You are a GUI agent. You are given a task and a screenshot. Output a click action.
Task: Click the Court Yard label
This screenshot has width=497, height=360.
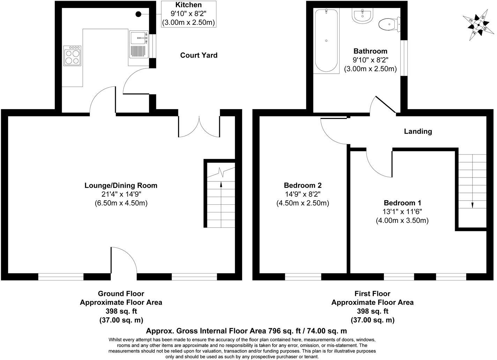point(199,55)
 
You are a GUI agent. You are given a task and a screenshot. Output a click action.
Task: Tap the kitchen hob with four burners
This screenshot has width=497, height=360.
point(73,56)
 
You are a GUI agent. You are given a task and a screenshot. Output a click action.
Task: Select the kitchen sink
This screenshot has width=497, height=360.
point(139,38)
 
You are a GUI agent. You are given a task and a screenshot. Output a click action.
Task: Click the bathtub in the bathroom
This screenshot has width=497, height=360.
point(326,41)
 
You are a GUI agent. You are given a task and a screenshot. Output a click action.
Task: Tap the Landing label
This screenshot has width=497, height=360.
point(418,132)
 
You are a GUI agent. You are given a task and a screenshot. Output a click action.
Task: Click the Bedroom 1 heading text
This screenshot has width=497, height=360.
point(402,203)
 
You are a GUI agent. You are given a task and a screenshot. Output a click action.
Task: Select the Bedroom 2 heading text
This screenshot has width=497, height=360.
point(303,185)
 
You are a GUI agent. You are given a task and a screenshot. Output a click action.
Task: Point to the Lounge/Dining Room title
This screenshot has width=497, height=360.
point(121,185)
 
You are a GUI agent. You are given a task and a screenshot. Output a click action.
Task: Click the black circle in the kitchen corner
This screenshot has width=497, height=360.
point(139,14)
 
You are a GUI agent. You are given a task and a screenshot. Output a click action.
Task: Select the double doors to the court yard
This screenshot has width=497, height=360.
point(199,127)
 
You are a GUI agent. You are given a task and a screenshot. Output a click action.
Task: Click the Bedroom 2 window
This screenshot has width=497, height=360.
point(303,277)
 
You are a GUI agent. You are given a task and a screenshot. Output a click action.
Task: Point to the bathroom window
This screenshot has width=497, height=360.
point(404,58)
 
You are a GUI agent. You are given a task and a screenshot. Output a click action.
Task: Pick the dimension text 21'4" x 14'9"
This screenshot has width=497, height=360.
point(121,194)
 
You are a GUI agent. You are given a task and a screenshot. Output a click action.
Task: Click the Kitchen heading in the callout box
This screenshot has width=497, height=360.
point(188,5)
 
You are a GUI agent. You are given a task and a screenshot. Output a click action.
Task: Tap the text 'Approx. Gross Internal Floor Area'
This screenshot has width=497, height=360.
point(206,331)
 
